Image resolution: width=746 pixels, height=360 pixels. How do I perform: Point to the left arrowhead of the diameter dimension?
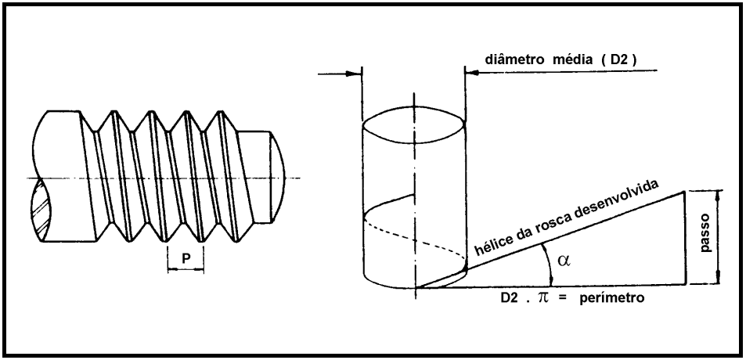click(356, 75)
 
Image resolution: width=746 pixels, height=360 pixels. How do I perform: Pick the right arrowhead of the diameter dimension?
click(471, 75)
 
